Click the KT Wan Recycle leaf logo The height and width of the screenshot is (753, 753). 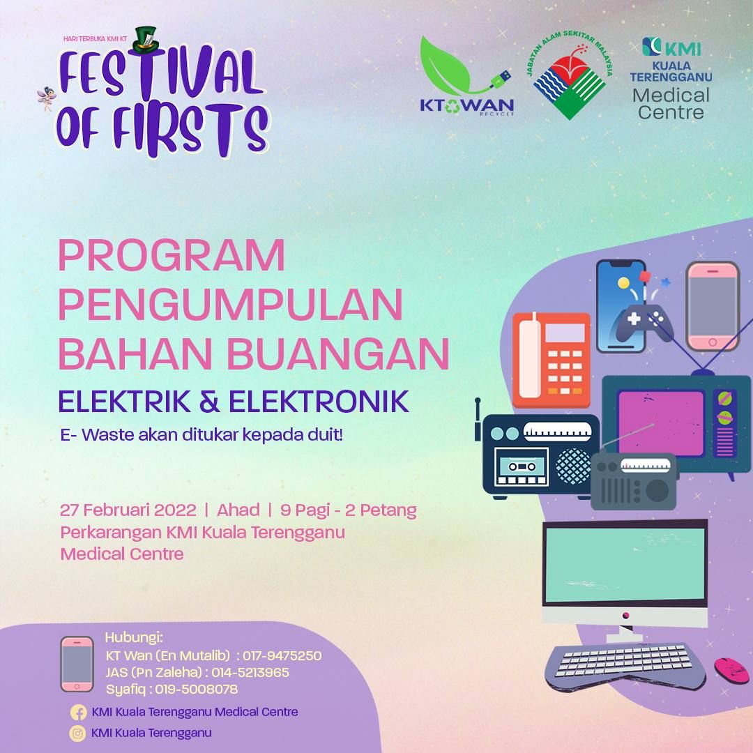(x=466, y=76)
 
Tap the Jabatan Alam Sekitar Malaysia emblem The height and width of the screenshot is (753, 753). (x=570, y=77)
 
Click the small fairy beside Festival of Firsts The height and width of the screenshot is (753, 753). (x=46, y=98)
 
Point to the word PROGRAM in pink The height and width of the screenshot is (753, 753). (x=172, y=256)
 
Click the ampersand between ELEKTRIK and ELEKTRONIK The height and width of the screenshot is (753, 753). (x=209, y=402)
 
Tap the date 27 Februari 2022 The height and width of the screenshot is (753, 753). (x=128, y=510)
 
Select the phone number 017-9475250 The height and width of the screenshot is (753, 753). (x=282, y=655)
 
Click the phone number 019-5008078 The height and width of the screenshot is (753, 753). (x=197, y=689)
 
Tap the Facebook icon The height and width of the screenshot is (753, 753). (x=78, y=712)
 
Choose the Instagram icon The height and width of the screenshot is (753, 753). (x=77, y=733)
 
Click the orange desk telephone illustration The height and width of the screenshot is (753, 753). (x=552, y=360)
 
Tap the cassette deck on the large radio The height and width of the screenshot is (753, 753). (x=522, y=466)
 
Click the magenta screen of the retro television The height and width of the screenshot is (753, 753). (x=661, y=423)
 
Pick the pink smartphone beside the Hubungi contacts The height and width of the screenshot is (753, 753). (x=77, y=664)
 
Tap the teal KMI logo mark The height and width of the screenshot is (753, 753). (x=651, y=47)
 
